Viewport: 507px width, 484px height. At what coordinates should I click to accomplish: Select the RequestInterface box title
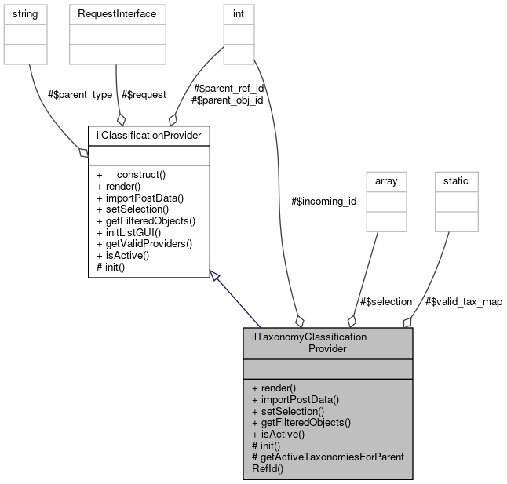click(117, 14)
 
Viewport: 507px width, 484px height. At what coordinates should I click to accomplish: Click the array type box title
click(386, 180)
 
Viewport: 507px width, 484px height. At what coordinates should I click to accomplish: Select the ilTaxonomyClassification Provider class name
click(327, 342)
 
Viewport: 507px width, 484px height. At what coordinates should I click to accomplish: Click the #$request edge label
click(144, 94)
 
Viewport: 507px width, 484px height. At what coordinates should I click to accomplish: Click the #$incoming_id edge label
click(323, 201)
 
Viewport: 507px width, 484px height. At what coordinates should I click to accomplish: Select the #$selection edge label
click(385, 301)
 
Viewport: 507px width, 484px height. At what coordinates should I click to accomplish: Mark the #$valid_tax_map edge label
click(463, 301)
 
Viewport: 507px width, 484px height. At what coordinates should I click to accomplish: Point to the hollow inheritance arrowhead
click(214, 275)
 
